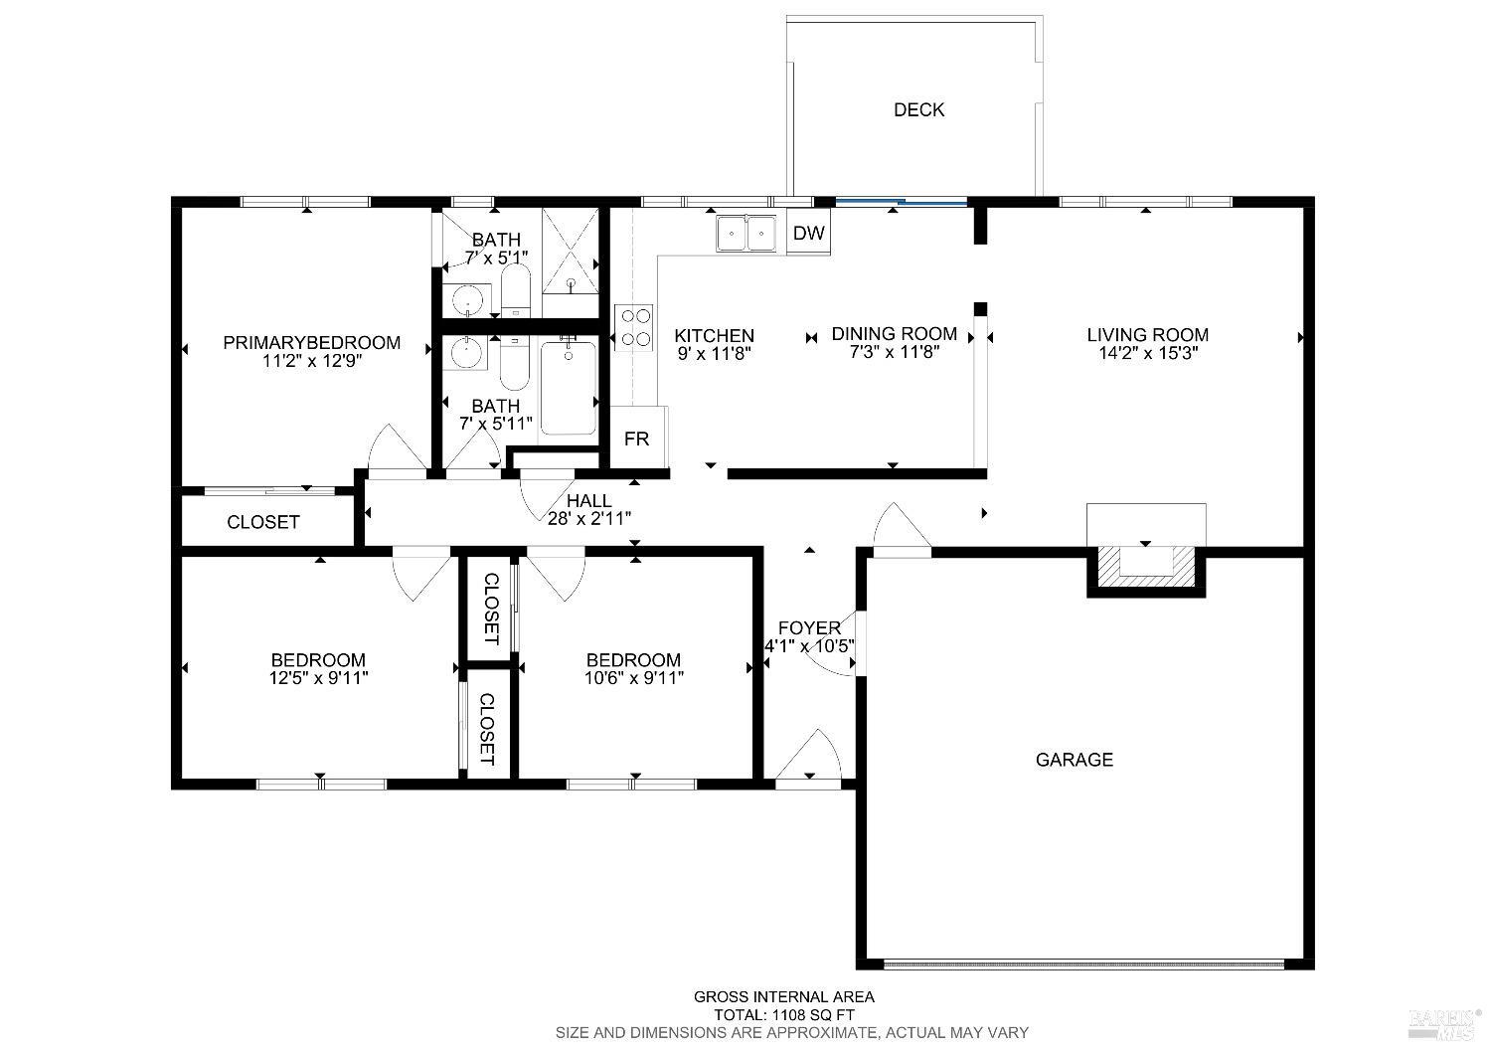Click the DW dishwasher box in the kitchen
[809, 234]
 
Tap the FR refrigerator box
[637, 438]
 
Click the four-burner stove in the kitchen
[634, 327]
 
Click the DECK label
[918, 109]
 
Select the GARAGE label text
[1074, 760]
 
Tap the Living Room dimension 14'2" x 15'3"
[1147, 353]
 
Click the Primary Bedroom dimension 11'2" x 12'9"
[311, 361]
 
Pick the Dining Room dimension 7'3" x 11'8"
[894, 352]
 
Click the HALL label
[588, 500]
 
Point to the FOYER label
[809, 627]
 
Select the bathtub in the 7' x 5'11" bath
[568, 388]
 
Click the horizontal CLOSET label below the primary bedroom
[263, 522]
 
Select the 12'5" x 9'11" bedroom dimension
[318, 678]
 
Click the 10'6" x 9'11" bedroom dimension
[633, 678]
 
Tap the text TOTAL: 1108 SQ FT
[784, 1015]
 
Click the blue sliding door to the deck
[901, 203]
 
